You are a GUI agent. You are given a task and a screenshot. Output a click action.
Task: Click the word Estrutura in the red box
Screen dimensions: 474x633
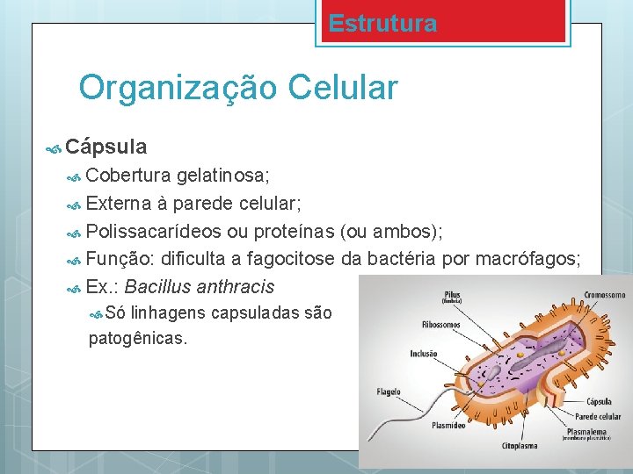click(x=382, y=24)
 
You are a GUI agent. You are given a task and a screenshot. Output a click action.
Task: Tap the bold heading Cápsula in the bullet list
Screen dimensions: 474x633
click(x=105, y=146)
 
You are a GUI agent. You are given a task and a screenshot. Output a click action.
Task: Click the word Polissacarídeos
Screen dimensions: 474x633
click(x=154, y=231)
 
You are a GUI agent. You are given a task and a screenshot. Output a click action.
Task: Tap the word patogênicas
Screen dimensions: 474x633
click(x=138, y=338)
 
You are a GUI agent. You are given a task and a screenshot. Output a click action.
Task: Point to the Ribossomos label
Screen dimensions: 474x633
click(x=440, y=324)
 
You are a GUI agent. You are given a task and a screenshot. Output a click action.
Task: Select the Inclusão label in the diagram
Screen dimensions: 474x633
click(x=423, y=355)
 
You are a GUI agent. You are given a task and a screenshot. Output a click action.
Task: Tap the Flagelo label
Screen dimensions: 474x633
click(x=389, y=391)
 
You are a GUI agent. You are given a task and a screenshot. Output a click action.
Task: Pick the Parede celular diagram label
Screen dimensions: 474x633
click(x=597, y=416)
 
